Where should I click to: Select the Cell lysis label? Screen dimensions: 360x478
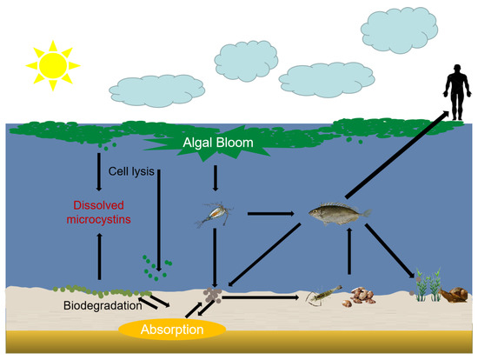pyautogui.click(x=131, y=171)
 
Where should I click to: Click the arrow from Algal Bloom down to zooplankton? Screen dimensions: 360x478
pyautogui.click(x=215, y=177)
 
